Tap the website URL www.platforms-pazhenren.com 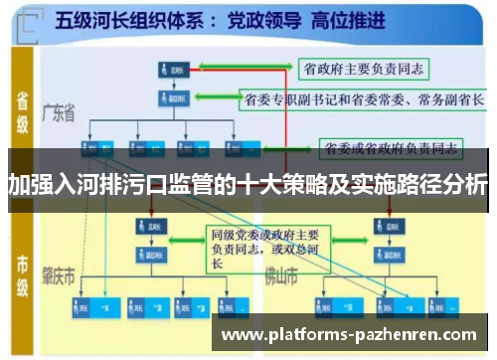(353, 336)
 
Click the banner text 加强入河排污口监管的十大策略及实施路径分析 (248, 183)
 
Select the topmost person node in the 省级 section (168, 70)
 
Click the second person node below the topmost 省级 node (168, 98)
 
